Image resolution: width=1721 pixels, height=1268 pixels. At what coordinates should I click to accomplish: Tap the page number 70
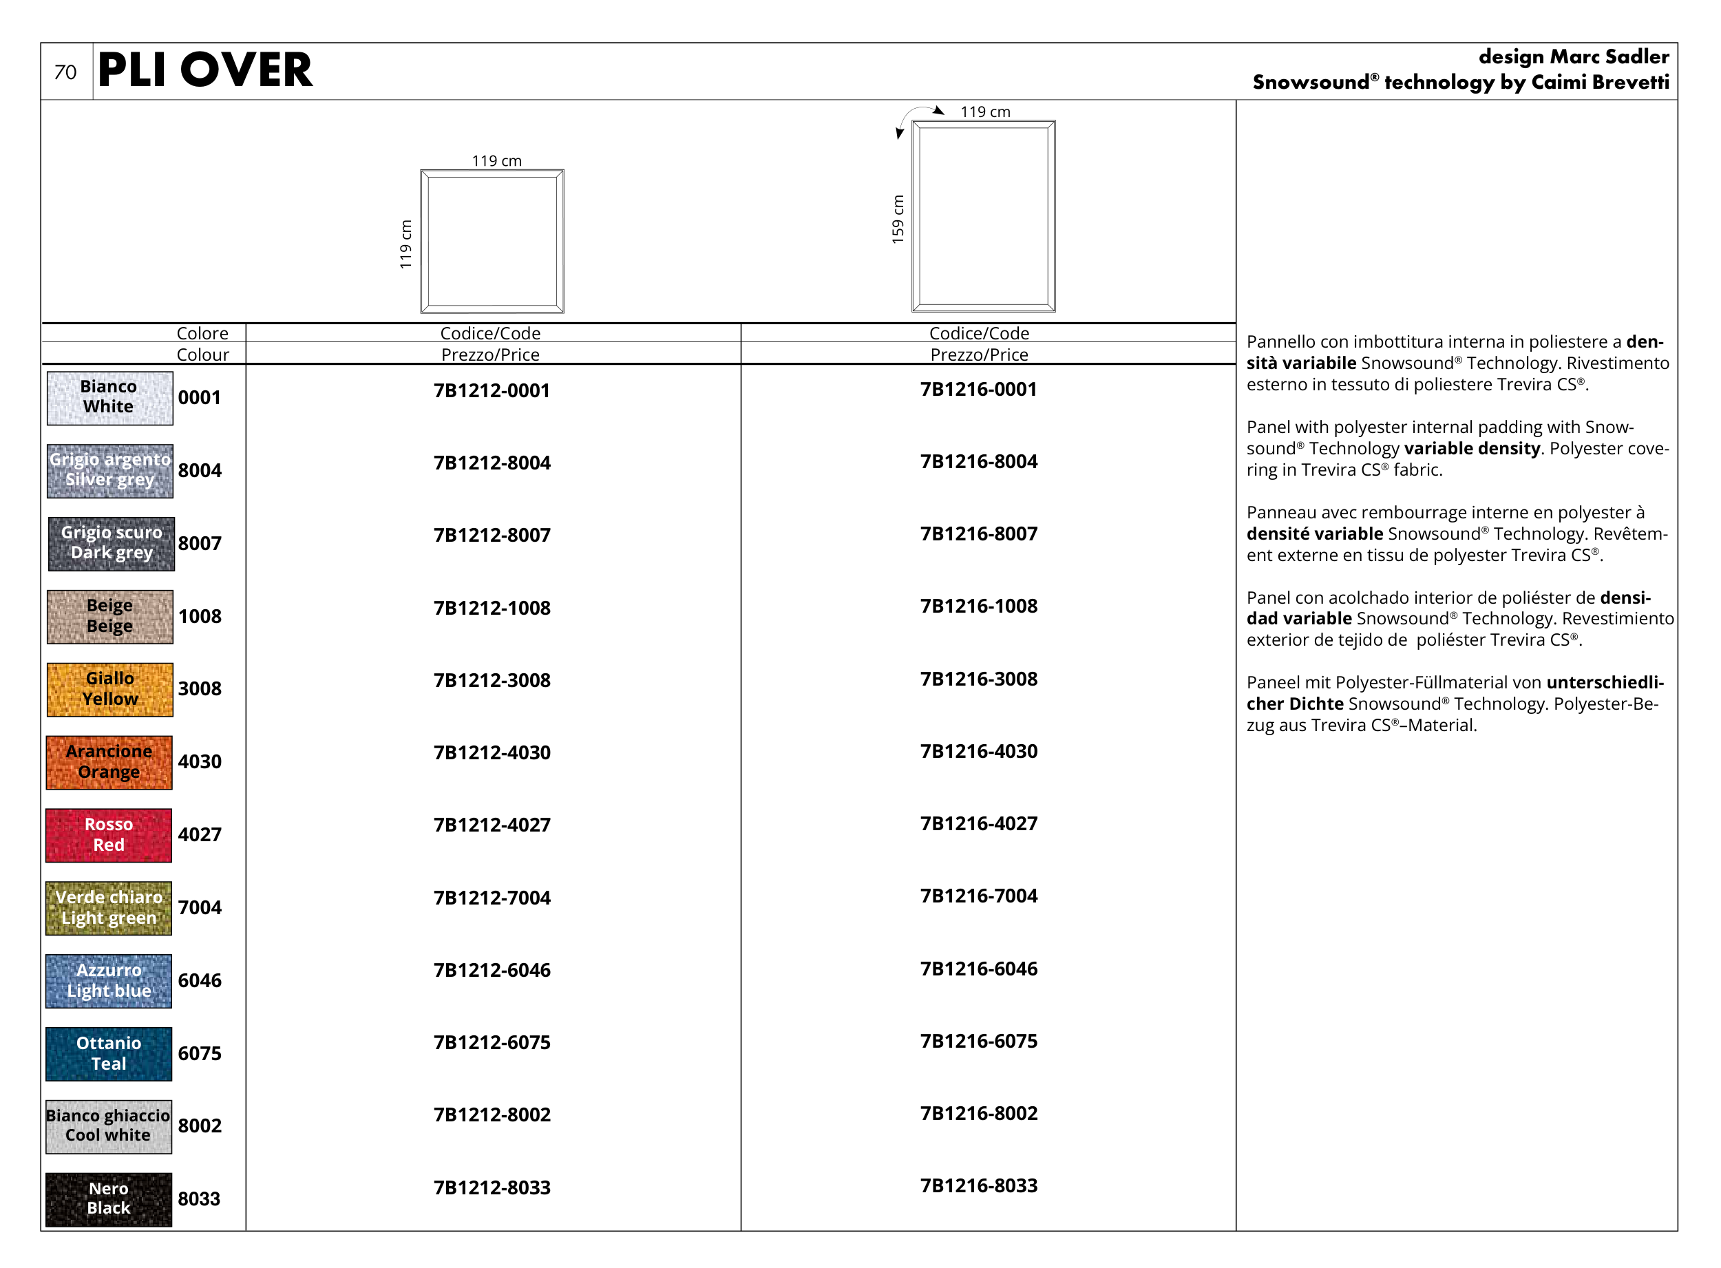65,72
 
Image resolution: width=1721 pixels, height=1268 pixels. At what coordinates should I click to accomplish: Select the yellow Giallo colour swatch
109,689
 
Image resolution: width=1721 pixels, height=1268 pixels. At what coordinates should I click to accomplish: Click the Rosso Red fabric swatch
109,835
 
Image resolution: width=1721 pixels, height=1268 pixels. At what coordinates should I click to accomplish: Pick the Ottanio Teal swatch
109,1054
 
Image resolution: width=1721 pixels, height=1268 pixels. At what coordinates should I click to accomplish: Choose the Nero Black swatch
109,1199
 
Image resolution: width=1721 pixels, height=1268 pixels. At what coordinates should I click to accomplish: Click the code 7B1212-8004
492,463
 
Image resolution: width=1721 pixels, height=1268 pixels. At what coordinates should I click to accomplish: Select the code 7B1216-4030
979,752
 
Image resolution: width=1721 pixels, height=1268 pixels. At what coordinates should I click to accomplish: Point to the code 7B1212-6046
492,970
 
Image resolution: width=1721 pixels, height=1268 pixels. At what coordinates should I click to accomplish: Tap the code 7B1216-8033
979,1186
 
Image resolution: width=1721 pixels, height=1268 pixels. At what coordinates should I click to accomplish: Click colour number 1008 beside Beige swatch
200,616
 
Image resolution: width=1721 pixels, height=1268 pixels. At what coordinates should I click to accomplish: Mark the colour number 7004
200,907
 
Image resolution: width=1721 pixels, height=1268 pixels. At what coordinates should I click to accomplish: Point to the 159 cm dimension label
898,220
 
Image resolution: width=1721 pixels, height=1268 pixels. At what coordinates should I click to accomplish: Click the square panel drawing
492,241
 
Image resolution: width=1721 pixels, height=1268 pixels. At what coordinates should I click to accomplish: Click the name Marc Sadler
1609,57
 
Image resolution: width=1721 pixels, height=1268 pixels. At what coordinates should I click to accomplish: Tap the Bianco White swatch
109,398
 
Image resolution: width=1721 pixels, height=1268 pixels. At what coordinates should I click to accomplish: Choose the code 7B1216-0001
979,389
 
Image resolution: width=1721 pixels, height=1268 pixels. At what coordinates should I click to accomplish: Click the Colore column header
202,333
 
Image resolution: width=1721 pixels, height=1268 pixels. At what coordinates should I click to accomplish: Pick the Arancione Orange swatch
109,762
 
